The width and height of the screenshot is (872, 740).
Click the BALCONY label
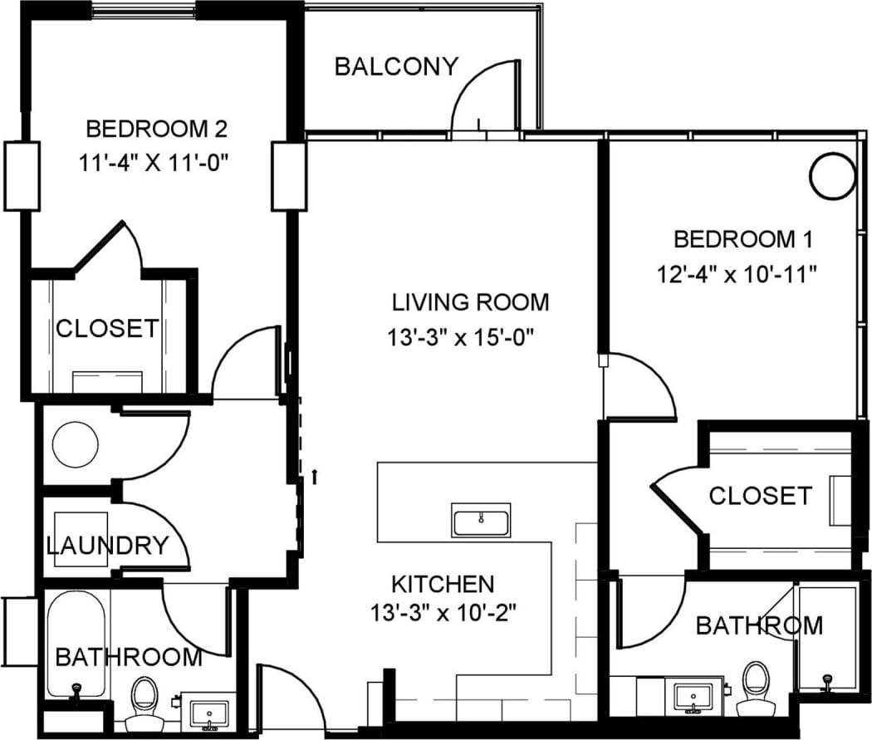pyautogui.click(x=396, y=66)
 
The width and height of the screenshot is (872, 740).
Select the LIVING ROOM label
pyautogui.click(x=471, y=301)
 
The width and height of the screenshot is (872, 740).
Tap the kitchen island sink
pyautogui.click(x=482, y=521)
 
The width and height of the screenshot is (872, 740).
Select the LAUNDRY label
pyautogui.click(x=107, y=546)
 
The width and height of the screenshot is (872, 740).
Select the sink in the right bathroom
pyautogui.click(x=693, y=696)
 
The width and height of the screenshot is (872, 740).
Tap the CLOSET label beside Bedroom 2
pyautogui.click(x=106, y=328)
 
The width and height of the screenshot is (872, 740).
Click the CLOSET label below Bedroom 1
pyautogui.click(x=759, y=496)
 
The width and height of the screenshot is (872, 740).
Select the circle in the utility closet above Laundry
pyautogui.click(x=76, y=446)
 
